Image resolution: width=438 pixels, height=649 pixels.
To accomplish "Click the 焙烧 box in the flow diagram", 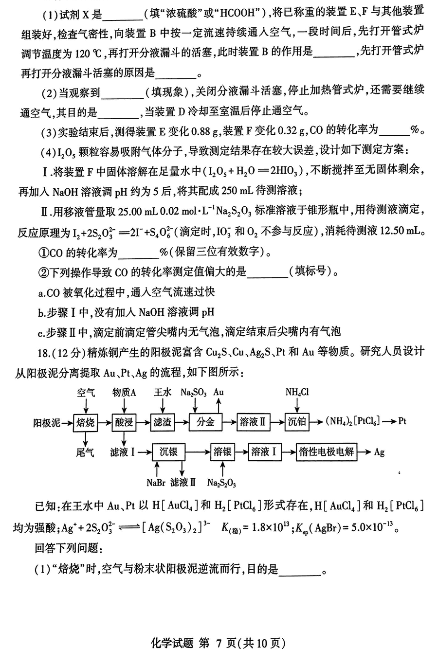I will (x=86, y=422).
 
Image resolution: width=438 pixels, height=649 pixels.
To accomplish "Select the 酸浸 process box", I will (x=124, y=422).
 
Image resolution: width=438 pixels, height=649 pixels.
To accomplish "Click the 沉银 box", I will (x=168, y=452).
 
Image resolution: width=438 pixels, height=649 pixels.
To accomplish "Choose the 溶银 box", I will (x=222, y=452).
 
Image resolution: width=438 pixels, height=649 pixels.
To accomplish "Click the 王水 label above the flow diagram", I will (x=162, y=392).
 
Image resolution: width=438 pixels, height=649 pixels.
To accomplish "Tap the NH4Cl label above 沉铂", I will (x=297, y=392).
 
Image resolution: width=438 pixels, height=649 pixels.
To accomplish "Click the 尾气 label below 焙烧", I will (x=85, y=452).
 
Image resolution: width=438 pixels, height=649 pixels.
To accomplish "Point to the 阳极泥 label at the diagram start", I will (x=46, y=422).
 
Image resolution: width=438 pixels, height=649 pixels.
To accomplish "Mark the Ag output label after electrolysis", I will (x=379, y=452).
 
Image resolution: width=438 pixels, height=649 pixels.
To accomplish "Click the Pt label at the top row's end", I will (x=402, y=421).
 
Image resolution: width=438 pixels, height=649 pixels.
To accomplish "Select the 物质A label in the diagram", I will (x=124, y=392).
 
